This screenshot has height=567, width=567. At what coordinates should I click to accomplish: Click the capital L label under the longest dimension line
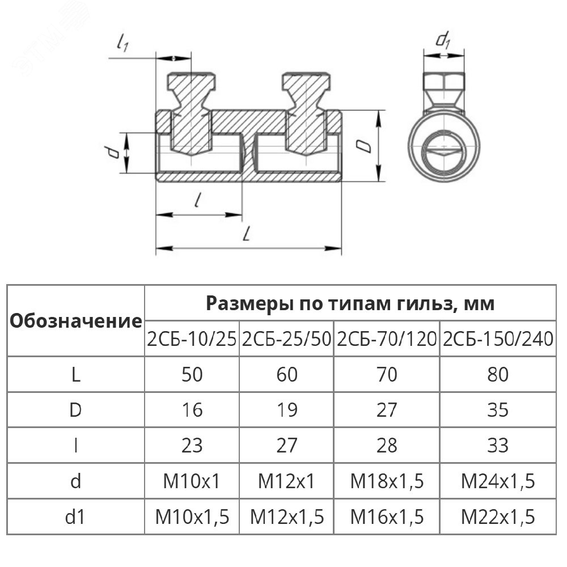[246, 234]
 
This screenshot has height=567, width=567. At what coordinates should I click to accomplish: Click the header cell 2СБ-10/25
[192, 339]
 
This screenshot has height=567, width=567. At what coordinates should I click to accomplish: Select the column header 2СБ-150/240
[498, 339]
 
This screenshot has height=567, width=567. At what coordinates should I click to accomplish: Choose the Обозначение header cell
[76, 321]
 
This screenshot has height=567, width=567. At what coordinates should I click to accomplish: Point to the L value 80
[497, 375]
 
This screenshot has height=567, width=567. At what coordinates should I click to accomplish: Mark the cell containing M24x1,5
[497, 481]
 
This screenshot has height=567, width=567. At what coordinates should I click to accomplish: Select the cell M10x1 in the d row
[192, 481]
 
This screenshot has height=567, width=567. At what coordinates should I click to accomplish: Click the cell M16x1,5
[387, 517]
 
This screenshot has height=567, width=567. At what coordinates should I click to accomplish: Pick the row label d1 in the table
[76, 517]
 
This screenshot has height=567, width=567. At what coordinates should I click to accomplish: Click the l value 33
[497, 446]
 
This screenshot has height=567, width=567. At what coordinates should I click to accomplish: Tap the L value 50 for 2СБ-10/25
[192, 375]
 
